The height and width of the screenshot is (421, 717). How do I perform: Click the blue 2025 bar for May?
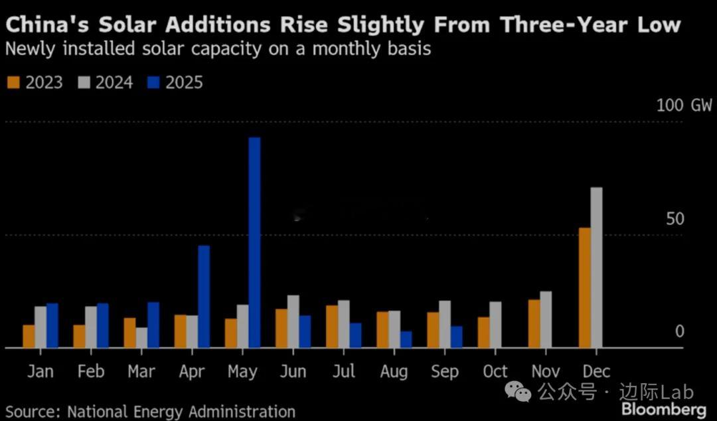pyautogui.click(x=254, y=242)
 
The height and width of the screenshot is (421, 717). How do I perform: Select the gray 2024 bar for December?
pyautogui.click(x=597, y=267)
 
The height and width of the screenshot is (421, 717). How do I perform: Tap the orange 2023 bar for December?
pyautogui.click(x=585, y=288)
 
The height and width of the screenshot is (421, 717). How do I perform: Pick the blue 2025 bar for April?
pyautogui.click(x=204, y=296)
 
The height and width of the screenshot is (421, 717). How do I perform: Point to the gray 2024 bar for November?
pyautogui.click(x=546, y=319)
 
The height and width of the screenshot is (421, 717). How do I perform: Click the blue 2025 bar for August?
pyautogui.click(x=406, y=339)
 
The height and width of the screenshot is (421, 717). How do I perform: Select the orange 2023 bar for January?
pyautogui.click(x=29, y=336)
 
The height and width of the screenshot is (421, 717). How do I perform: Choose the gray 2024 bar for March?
pyautogui.click(x=141, y=337)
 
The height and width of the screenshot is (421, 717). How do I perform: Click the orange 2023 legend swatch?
pyautogui.click(x=13, y=82)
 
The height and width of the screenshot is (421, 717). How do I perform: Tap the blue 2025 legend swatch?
pyautogui.click(x=153, y=82)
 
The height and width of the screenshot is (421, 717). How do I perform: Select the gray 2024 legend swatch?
pyautogui.click(x=84, y=82)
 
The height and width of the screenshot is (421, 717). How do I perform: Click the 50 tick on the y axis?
pyautogui.click(x=675, y=220)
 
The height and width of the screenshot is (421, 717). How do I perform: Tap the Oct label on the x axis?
pyautogui.click(x=495, y=371)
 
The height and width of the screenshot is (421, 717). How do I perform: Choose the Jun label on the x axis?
pyautogui.click(x=293, y=371)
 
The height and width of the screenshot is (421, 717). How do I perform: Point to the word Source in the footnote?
pyautogui.click(x=33, y=412)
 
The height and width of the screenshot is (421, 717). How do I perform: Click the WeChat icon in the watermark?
pyautogui.click(x=518, y=392)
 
